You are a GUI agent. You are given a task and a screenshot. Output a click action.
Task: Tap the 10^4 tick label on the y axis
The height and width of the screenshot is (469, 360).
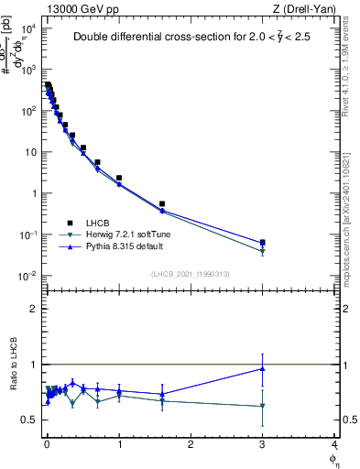tap(27, 28)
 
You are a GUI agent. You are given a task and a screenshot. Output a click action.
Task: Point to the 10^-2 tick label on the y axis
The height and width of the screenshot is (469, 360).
tap(27, 276)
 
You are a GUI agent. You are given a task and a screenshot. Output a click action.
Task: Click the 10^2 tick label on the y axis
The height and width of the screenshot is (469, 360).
tap(27, 111)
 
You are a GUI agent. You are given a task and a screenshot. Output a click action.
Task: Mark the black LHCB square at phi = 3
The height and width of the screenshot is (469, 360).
tap(263, 243)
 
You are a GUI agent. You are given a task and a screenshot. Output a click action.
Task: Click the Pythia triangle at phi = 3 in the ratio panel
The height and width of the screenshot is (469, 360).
tap(263, 368)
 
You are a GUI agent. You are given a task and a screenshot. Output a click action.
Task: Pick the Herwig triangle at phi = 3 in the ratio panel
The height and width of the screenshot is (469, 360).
tap(263, 406)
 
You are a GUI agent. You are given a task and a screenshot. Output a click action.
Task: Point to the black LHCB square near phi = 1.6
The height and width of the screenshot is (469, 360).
tap(162, 203)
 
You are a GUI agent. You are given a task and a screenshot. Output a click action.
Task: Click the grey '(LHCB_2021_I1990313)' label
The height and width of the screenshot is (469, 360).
tap(191, 275)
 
